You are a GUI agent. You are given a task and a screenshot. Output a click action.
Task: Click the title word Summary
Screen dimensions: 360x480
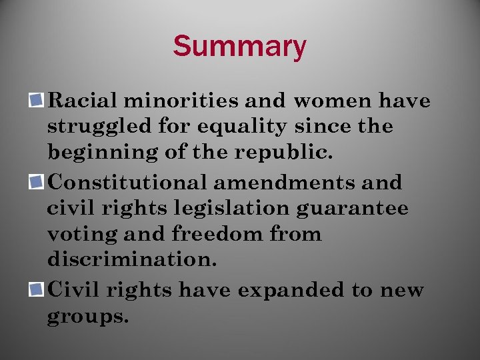pos(239,47)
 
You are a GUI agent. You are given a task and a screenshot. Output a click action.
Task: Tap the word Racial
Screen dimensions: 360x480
pos(82,101)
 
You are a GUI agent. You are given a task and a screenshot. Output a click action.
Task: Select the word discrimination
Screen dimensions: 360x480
pos(132,260)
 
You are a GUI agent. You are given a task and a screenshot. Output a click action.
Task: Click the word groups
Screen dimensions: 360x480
pos(87,317)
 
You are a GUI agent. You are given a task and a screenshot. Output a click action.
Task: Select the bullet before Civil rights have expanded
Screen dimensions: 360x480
pos(39,290)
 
